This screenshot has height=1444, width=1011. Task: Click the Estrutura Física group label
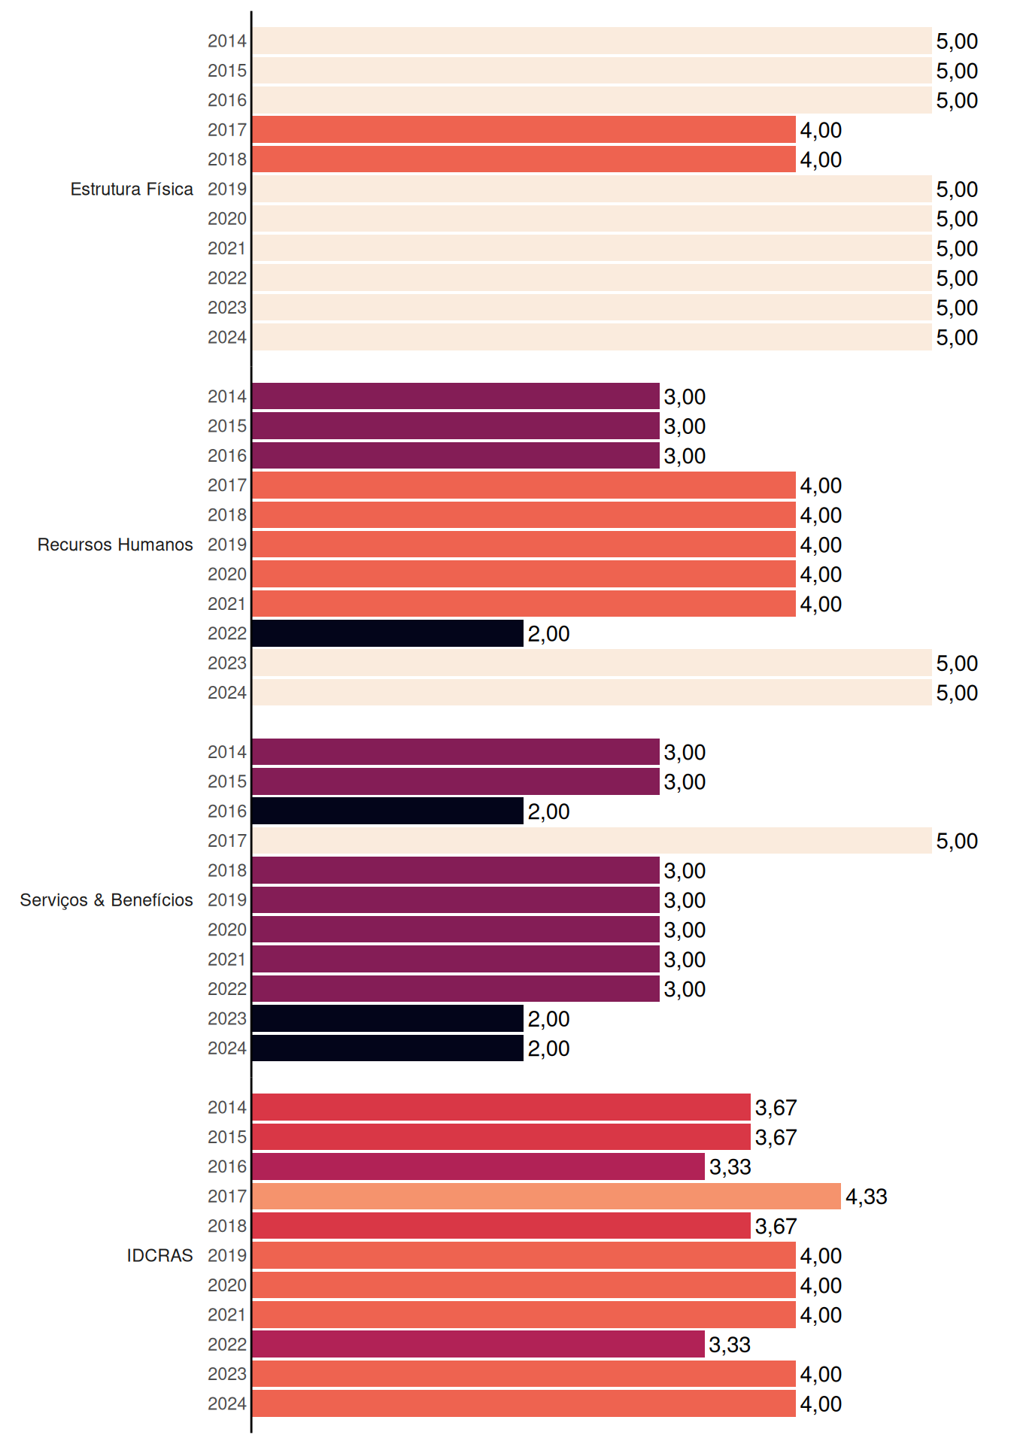[132, 189]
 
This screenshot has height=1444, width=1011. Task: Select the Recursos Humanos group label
[115, 545]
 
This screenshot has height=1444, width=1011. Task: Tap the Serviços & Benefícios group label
[106, 900]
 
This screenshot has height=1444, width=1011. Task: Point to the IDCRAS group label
[159, 1255]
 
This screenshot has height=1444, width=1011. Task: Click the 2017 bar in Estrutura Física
[524, 129]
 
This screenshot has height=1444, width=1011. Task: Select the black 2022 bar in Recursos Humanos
[387, 633]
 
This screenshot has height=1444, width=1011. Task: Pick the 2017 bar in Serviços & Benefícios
[591, 841]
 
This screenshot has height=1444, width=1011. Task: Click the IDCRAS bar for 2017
[546, 1196]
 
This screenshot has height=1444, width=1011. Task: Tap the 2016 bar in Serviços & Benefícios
[387, 811]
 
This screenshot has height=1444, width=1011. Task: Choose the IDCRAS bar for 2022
[478, 1344]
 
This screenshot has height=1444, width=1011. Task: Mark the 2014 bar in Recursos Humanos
[456, 396]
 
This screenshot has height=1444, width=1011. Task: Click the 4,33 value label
[867, 1197]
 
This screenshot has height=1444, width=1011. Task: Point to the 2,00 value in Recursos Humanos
[548, 634]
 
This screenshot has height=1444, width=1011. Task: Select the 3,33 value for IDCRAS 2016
[730, 1167]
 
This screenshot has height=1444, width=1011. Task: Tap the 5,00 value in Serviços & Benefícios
[957, 842]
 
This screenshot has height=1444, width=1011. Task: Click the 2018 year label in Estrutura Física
[227, 159]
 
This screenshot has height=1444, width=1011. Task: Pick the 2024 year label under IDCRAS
[227, 1403]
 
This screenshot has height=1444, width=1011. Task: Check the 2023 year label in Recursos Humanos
[227, 663]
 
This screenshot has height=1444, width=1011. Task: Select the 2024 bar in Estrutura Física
[591, 337]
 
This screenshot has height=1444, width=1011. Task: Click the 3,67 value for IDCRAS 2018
[776, 1227]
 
